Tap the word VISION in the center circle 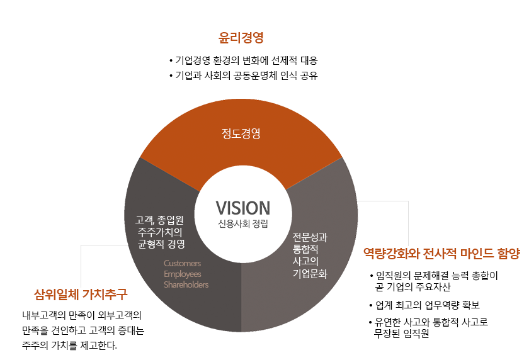[x=242, y=208]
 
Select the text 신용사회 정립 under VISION [x=242, y=224]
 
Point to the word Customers [x=182, y=263]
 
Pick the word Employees [x=182, y=274]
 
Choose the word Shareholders [x=186, y=284]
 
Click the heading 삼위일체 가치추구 [x=81, y=293]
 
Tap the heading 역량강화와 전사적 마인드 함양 [x=442, y=253]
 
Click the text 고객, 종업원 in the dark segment [x=159, y=220]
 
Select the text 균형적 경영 [x=161, y=244]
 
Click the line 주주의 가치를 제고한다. [x=69, y=346]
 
